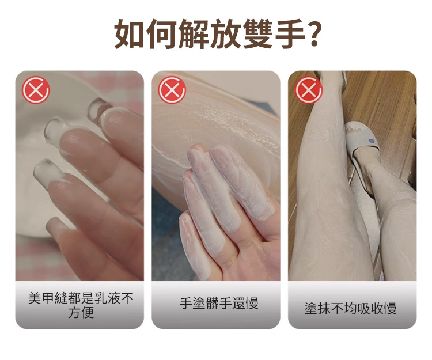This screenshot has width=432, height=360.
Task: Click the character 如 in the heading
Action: click(x=129, y=33)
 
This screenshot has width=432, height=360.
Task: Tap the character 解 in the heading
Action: click(x=194, y=33)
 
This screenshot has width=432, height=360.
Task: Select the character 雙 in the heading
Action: click(x=259, y=33)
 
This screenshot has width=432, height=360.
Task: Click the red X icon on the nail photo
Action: click(x=36, y=90)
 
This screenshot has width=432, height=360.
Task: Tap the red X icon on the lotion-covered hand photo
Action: click(x=172, y=90)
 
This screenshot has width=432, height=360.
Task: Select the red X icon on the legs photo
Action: click(x=309, y=90)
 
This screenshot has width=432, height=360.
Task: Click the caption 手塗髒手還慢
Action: click(x=219, y=304)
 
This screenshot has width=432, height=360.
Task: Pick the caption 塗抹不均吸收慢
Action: click(x=350, y=309)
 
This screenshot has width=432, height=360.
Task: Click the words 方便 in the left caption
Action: click(x=81, y=313)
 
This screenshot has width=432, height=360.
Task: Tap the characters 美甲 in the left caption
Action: click(x=41, y=298)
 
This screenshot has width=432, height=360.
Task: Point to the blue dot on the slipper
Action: click(x=370, y=141)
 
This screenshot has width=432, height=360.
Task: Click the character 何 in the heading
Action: click(x=162, y=33)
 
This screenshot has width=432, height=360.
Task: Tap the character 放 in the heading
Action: click(x=226, y=33)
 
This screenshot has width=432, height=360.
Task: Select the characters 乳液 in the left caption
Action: click(x=108, y=298)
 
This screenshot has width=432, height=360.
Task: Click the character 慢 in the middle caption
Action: click(x=252, y=304)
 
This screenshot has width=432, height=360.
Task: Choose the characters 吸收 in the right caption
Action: click(x=363, y=309)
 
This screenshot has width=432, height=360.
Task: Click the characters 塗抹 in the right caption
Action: click(x=317, y=309)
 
